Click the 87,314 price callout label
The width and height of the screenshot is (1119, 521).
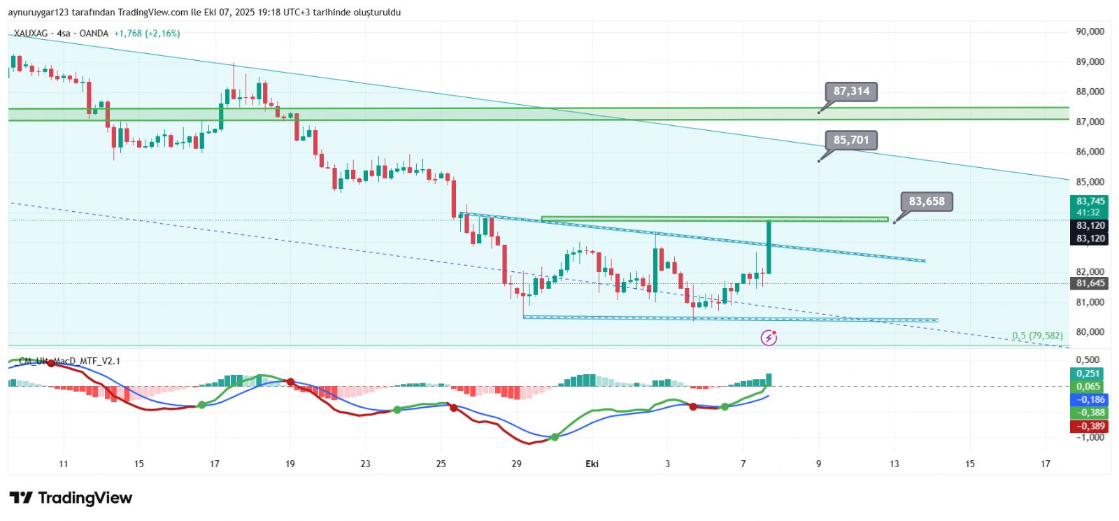tap(851, 92)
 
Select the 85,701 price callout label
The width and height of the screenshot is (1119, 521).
tap(850, 141)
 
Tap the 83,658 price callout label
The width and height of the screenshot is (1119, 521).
tap(927, 202)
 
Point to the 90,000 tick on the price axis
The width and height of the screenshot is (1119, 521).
tap(1090, 31)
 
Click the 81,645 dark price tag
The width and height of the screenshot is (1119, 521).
tap(1090, 283)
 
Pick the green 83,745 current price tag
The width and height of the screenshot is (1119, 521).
tap(1090, 202)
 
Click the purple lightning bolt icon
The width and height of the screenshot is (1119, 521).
tap(769, 338)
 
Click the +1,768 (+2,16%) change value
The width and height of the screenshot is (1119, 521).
tap(147, 34)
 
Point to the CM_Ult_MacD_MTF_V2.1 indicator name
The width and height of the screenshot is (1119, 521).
tap(69, 361)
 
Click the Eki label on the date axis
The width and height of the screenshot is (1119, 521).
tap(592, 464)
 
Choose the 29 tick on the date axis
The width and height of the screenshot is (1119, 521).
tap(516, 464)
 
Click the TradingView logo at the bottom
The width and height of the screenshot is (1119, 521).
tap(71, 498)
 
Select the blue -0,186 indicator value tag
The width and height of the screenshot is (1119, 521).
tap(1090, 400)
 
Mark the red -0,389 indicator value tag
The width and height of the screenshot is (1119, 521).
tap(1090, 426)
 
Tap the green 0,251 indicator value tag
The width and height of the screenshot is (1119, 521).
tap(1088, 374)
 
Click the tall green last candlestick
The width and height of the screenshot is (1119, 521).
tap(769, 248)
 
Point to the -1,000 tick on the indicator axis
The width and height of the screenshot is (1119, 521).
tap(1090, 438)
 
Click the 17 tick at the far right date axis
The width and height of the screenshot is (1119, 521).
tap(1045, 464)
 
